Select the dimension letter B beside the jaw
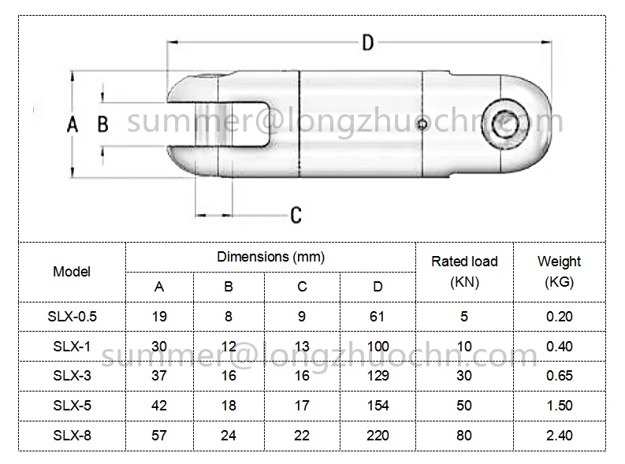pyautogui.click(x=102, y=124)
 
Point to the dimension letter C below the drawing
pyautogui.click(x=296, y=214)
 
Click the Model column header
pyautogui.click(x=72, y=272)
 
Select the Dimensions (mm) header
pyautogui.click(x=270, y=257)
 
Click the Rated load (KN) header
pyautogui.click(x=464, y=272)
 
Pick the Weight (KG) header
pyautogui.click(x=559, y=272)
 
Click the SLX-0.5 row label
pyautogui.click(x=72, y=317)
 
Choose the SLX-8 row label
pyautogui.click(x=72, y=435)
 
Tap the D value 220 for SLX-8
pyautogui.click(x=378, y=435)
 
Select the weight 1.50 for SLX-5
pyautogui.click(x=559, y=405)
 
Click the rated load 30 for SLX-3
pyautogui.click(x=464, y=376)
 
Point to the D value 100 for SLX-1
pyautogui.click(x=378, y=346)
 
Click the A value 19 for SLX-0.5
pyautogui.click(x=159, y=317)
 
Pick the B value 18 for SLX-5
pyautogui.click(x=229, y=405)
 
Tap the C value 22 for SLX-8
pyautogui.click(x=302, y=435)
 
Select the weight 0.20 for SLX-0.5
pyautogui.click(x=559, y=317)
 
